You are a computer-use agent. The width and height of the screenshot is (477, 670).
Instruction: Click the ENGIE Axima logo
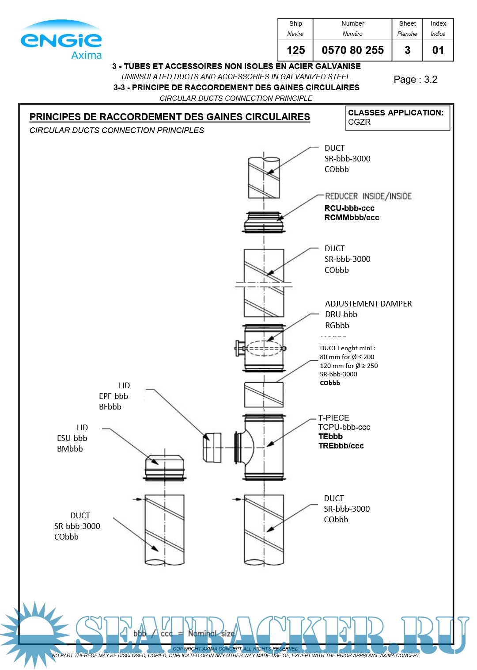61,40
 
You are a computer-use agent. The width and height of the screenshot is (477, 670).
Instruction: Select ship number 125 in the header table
295,50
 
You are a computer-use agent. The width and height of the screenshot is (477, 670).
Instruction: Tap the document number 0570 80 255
352,50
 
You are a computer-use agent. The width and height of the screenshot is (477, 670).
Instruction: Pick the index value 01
438,50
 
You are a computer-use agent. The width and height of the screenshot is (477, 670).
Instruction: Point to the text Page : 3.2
415,80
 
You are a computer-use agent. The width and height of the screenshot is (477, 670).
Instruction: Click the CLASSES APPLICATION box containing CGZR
397,118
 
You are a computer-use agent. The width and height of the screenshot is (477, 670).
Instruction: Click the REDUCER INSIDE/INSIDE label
368,196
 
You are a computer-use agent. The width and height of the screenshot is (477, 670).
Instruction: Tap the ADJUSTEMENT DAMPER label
368,304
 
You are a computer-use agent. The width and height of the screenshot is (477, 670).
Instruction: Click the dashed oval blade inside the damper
264,348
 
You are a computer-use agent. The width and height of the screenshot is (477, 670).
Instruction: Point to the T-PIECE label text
333,418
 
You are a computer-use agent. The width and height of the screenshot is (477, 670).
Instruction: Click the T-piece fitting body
264,447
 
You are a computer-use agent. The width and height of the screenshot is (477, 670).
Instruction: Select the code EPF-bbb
114,396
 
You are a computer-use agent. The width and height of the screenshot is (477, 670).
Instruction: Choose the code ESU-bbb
72,438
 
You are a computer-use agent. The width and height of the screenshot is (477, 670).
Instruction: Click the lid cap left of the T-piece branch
212,448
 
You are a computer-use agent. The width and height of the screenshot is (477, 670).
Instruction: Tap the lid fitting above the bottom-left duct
164,467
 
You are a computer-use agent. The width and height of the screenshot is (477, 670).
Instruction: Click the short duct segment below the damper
264,394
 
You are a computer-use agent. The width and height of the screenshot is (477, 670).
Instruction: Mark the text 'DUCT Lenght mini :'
348,348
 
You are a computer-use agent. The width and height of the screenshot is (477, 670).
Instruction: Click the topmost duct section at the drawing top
264,177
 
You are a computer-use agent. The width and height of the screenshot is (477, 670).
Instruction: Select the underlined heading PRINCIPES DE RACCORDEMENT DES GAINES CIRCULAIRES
170,117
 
